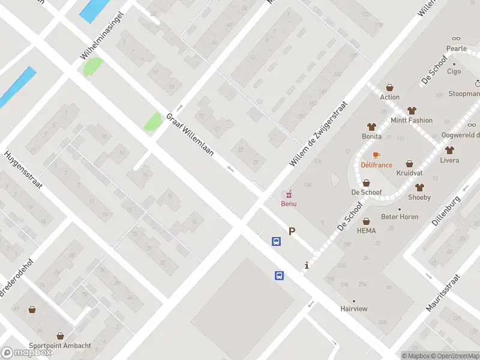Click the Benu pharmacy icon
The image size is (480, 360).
coord(289,194)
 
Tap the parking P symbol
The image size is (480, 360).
coord(292,231)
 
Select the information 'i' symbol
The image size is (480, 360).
coord(307,265)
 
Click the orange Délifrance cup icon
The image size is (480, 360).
coord(376,155)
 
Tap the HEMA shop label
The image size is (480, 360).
coord(366,231)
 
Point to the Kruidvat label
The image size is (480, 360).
coord(409,173)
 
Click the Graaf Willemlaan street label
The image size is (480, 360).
coord(188,133)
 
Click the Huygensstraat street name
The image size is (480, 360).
coord(23,170)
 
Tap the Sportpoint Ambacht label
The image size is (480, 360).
coord(61,346)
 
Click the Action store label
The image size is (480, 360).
coord(389,97)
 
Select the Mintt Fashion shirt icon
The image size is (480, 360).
coord(412,110)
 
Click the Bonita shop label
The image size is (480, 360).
coord(371,136)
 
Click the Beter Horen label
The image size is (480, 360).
coord(400,217)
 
